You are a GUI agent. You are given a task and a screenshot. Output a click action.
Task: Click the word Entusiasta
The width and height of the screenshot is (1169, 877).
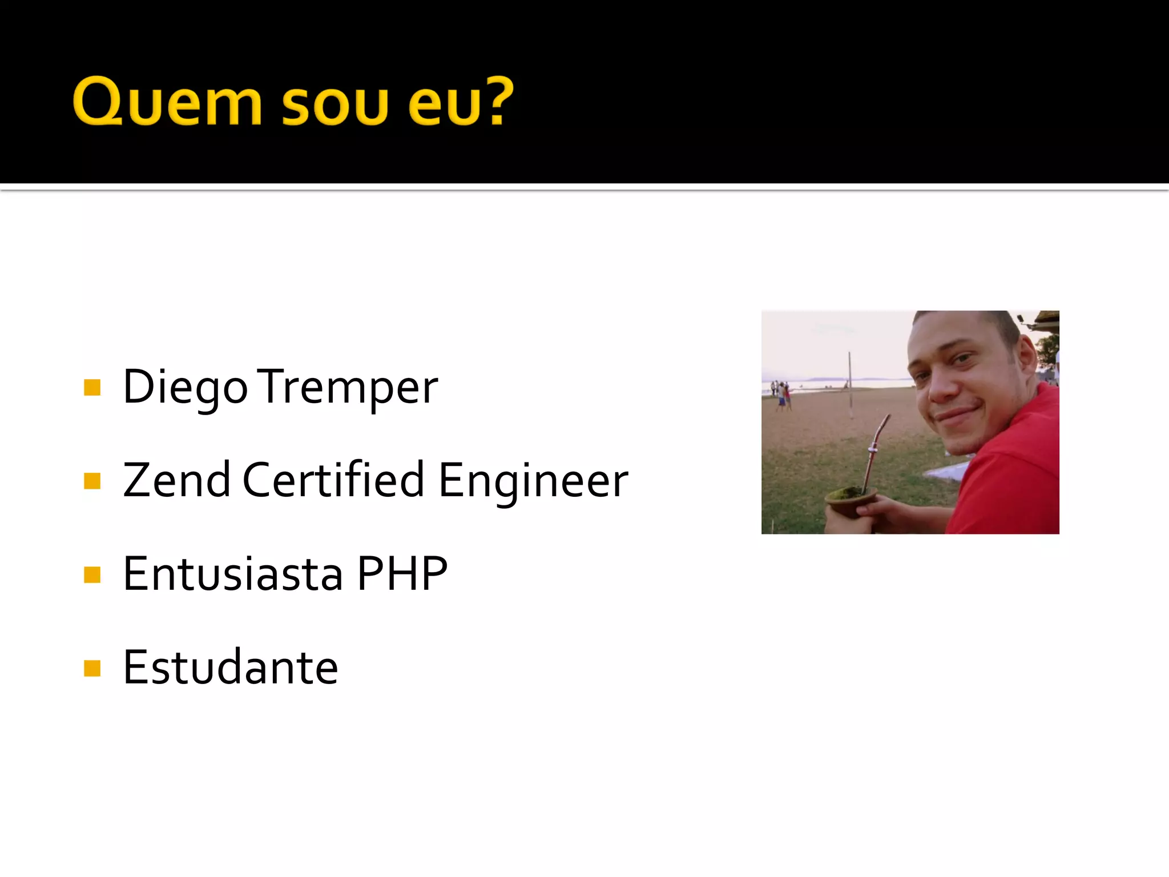233,574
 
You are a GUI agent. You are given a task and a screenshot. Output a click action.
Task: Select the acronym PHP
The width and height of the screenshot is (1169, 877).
402,574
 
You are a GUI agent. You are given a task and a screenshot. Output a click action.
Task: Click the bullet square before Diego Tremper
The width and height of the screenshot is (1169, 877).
92,388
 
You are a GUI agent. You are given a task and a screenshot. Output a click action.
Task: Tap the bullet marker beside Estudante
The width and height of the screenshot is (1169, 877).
92,667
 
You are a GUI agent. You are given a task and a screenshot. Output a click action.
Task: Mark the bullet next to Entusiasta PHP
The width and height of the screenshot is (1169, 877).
92,574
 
